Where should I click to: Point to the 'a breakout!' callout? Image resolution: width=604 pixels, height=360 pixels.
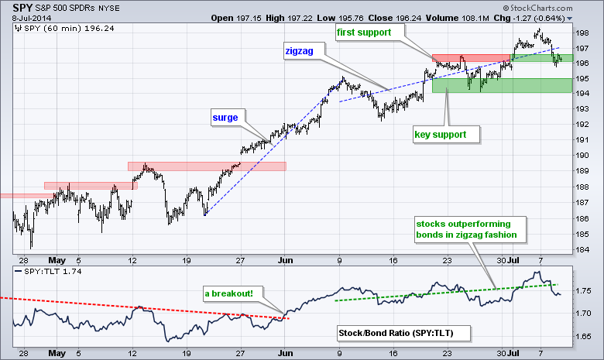[234, 294]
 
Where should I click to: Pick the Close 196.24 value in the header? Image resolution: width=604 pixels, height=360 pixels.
[405, 17]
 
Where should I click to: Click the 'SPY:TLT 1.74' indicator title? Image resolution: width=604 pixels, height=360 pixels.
[43, 273]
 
